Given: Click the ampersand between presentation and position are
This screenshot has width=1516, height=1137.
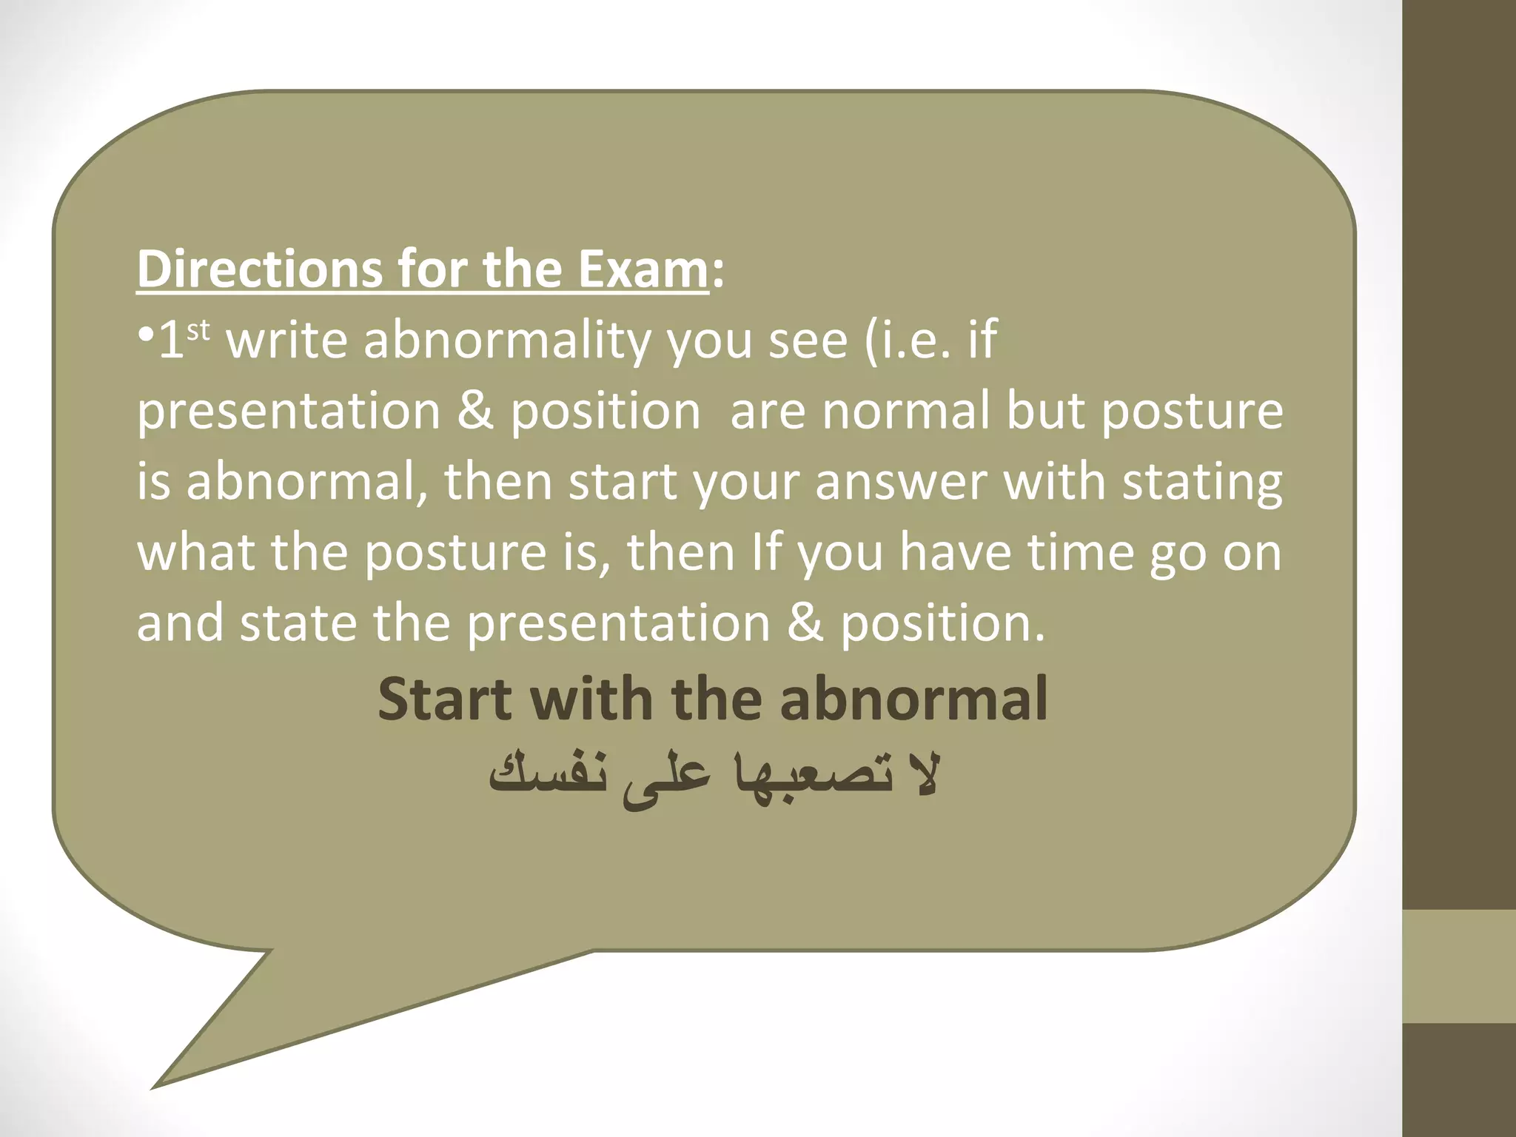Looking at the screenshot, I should (474, 412).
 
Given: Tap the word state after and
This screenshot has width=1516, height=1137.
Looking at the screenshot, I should (298, 623).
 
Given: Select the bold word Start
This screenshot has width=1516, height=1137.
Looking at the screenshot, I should (443, 700).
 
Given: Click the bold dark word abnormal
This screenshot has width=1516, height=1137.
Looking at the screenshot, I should (913, 700).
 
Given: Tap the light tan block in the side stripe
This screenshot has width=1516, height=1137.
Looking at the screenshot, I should (1458, 966).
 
